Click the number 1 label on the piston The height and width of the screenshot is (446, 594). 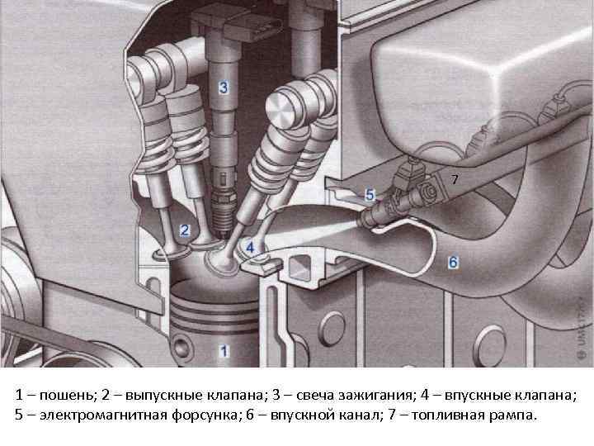coord(224,351)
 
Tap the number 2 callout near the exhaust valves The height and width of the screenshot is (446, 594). coord(185,230)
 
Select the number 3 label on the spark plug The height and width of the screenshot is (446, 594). coord(224,88)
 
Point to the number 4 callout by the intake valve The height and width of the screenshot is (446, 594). coord(250,248)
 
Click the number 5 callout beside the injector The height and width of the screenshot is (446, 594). coord(370,195)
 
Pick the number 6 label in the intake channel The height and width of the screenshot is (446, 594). coord(453,262)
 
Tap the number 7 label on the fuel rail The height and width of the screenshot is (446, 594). coord(455,179)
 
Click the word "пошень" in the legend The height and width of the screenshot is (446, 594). coord(66,396)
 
